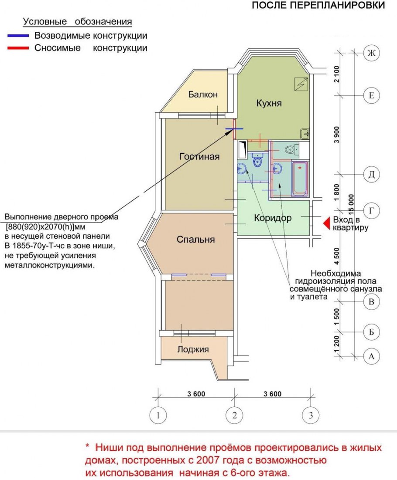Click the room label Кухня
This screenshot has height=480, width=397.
click(269, 103)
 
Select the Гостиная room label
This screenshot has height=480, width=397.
click(199, 157)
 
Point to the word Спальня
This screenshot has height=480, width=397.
click(195, 240)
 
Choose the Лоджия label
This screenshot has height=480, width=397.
click(193, 349)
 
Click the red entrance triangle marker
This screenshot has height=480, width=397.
click(326, 223)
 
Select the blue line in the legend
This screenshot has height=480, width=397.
click(18, 36)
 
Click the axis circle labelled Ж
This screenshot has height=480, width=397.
click(371, 53)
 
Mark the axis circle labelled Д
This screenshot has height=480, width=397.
click(371, 175)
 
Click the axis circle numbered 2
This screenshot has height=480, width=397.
click(234, 416)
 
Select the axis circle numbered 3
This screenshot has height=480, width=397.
click(310, 416)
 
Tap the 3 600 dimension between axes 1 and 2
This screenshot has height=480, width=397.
click(196, 395)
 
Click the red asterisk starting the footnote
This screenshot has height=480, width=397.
click(87, 447)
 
